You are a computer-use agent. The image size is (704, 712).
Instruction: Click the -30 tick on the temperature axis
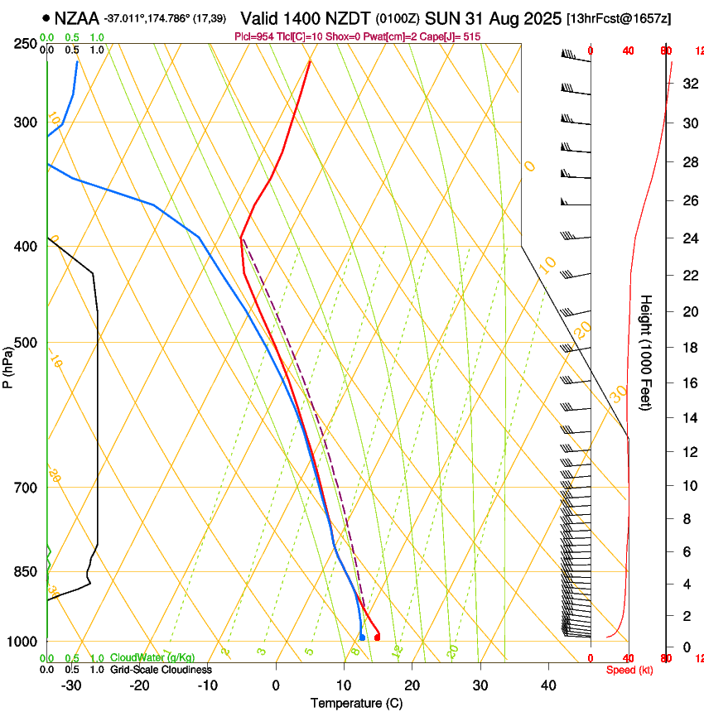[x=71, y=685]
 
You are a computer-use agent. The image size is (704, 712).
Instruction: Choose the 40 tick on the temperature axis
[x=547, y=685]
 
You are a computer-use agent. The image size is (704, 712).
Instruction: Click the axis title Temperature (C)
[x=356, y=703]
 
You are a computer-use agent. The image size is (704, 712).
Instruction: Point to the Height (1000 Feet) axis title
[x=646, y=353]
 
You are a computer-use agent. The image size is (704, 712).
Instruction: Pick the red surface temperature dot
[x=377, y=637]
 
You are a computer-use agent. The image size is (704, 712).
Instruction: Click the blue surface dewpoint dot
[x=362, y=637]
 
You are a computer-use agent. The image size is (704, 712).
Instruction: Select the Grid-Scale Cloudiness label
[x=161, y=669]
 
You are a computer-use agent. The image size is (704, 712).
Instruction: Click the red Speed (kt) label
[x=629, y=670]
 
